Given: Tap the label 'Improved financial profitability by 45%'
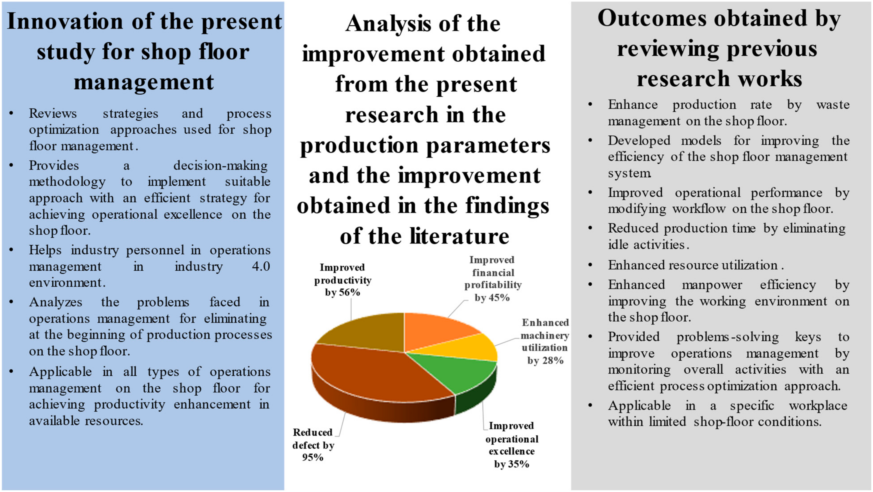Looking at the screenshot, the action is coord(493,279).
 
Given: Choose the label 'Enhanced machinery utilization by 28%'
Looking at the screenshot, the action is coord(545,341).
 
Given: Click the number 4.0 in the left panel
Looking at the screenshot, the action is coord(261,266).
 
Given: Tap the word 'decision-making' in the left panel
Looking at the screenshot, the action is coord(220,165).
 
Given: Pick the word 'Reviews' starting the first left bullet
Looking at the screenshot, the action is coord(53,113).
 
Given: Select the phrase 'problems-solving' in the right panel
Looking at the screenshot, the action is coord(728,337).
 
